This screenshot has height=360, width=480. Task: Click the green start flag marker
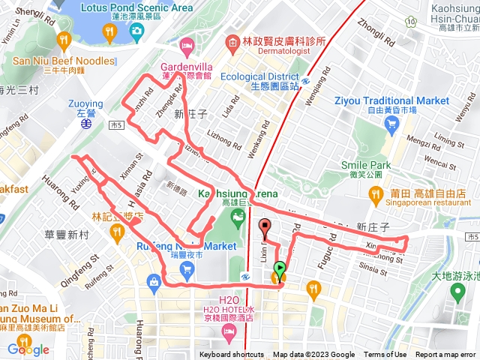[280, 268]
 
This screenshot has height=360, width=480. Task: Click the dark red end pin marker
[264, 226]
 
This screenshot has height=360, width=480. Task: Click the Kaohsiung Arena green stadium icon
[238, 218]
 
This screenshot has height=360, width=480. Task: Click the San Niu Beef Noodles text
[63, 61]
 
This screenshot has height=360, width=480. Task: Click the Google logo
[28, 349]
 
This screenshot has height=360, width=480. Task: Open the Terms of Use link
[385, 355]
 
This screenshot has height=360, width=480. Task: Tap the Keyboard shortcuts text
[232, 355]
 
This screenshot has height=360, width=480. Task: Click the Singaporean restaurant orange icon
[375, 196]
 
